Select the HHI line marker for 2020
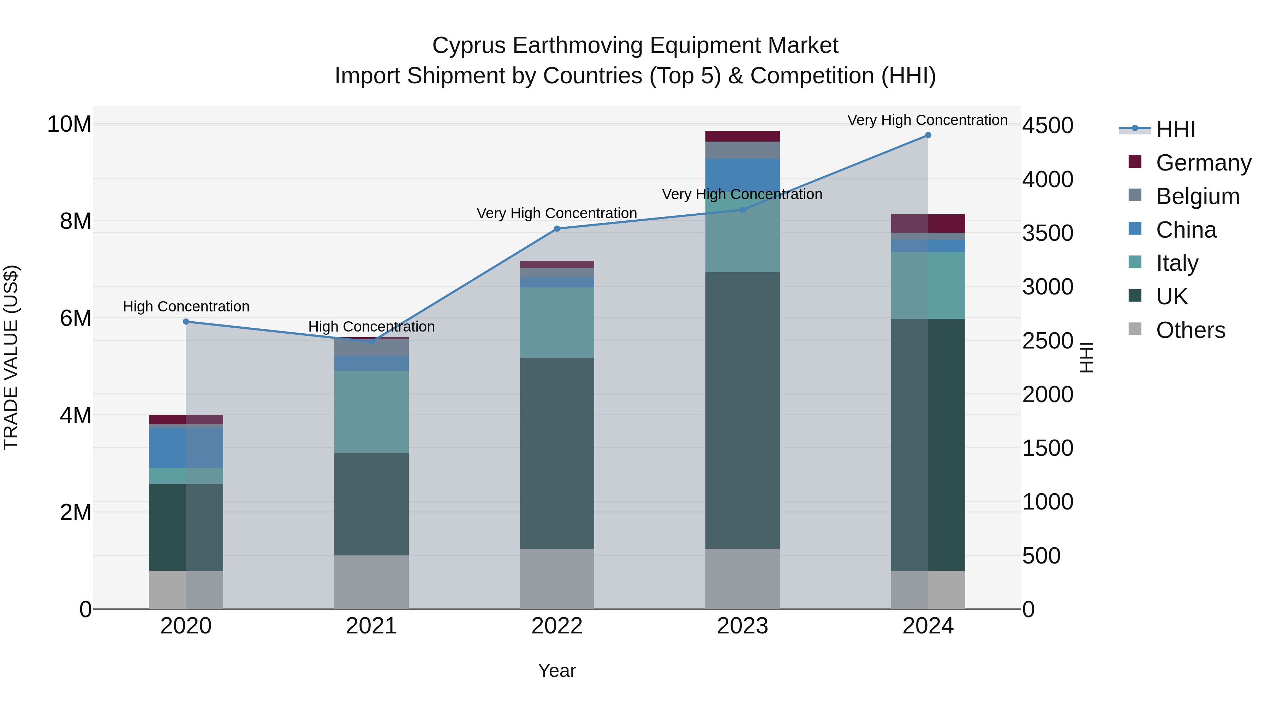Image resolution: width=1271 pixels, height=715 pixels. point(186,322)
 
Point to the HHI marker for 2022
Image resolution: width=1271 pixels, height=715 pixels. point(557,228)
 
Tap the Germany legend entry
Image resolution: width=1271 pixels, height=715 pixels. point(1203,163)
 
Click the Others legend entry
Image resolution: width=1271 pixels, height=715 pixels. point(1190,330)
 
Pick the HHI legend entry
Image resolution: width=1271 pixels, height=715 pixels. point(1175,129)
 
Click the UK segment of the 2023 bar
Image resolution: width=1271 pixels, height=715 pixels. point(742,410)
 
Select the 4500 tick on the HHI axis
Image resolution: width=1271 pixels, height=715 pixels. point(1047,125)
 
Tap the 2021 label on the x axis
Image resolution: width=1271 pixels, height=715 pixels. point(371,626)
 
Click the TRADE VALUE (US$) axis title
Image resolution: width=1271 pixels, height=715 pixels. point(11,357)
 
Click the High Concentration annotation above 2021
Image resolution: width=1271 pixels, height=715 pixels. point(371,327)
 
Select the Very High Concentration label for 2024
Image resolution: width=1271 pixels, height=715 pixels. point(927,120)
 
